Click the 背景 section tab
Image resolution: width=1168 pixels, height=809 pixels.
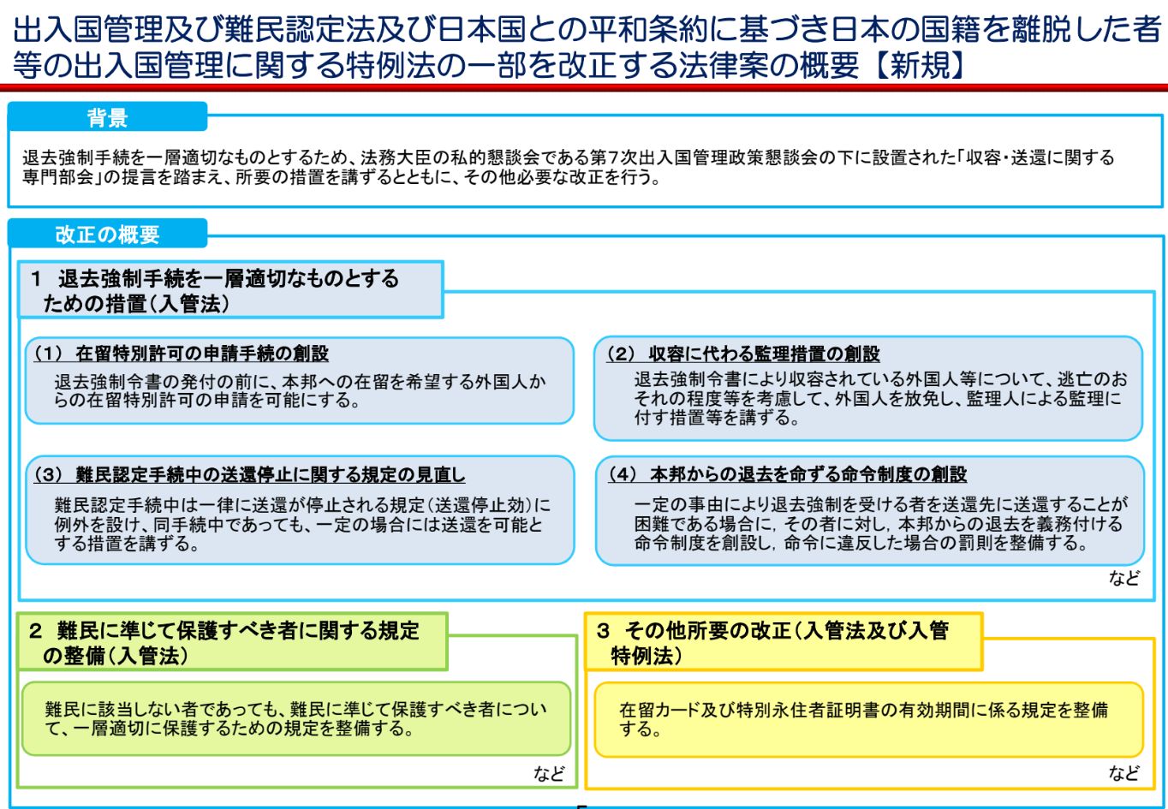pyautogui.click(x=107, y=116)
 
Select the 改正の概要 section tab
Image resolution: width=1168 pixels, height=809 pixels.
pyautogui.click(x=107, y=234)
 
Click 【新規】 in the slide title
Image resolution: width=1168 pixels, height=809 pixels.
pyautogui.click(x=920, y=66)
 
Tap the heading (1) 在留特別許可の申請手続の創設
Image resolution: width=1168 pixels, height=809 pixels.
pyautogui.click(x=181, y=354)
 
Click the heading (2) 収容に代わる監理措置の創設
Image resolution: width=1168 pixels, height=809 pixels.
pyautogui.click(x=743, y=354)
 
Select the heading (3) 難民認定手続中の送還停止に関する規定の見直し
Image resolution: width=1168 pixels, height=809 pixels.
pyautogui.click(x=249, y=474)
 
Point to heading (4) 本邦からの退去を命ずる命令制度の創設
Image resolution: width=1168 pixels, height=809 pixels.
pyautogui.click(x=787, y=474)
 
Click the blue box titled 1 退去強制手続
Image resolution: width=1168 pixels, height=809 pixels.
pyautogui.click(x=230, y=290)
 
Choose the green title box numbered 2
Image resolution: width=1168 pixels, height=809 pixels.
pyautogui.click(x=233, y=642)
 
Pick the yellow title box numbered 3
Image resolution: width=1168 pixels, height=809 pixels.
pyautogui.click(x=784, y=642)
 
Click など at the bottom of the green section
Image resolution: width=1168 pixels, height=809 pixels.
pyautogui.click(x=549, y=774)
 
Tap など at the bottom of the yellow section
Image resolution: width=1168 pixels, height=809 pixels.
pyautogui.click(x=1124, y=772)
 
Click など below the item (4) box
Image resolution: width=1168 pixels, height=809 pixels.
pyautogui.click(x=1124, y=578)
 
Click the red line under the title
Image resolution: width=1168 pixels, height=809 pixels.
pyautogui.click(x=584, y=87)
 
